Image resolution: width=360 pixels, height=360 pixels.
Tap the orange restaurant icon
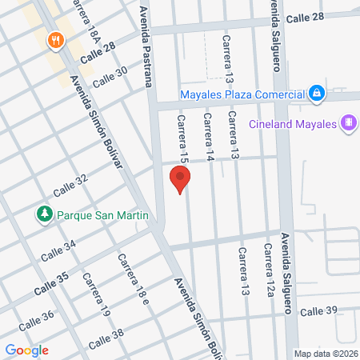pos(54,39)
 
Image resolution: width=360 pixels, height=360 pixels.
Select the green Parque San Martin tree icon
pos(43,214)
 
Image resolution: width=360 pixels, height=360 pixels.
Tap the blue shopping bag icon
pos(317,94)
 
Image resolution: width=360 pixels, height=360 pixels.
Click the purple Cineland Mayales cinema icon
pos(348,123)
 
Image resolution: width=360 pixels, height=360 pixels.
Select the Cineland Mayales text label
pos(294,124)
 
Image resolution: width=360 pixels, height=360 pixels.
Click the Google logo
pos(26,350)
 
